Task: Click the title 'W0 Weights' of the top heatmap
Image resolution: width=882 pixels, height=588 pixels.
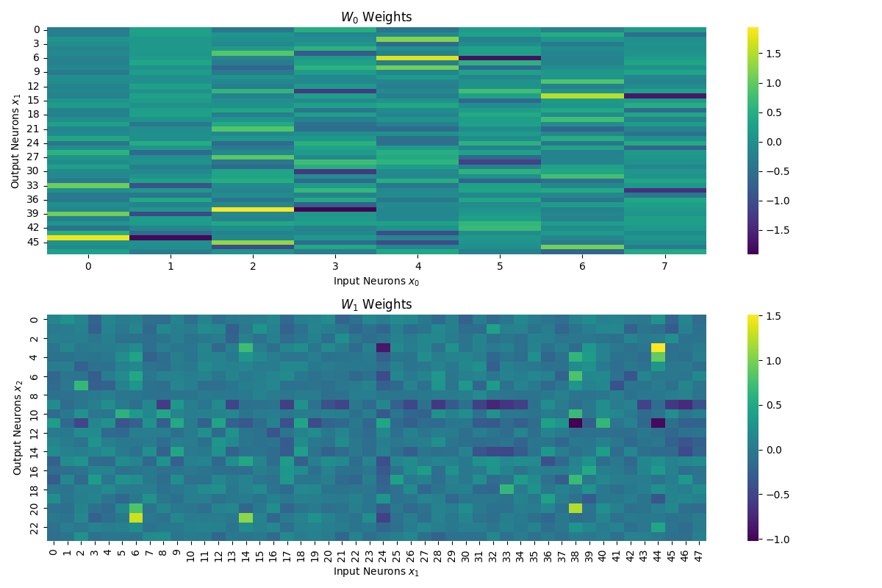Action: coord(376,17)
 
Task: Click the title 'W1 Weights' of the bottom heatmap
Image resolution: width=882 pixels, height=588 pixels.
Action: coord(376,304)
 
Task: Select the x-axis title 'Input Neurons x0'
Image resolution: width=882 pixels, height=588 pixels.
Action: coord(376,281)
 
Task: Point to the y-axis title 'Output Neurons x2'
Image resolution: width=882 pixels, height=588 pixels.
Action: coord(18,428)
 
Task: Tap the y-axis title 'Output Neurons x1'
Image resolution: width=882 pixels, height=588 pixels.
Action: coord(16,140)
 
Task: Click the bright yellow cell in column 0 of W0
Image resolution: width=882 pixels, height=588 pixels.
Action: coord(88,237)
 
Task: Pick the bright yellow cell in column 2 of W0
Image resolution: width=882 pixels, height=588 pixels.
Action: coord(253,209)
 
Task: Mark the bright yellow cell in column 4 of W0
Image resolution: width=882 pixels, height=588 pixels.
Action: coord(417,57)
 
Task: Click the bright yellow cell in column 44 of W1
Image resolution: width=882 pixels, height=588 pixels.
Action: coord(658,348)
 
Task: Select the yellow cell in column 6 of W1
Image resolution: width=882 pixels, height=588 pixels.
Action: coord(136,517)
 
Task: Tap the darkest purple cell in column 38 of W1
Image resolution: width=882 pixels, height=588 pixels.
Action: coord(576,423)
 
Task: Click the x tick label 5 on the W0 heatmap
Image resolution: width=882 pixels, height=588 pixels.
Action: coord(500,266)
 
